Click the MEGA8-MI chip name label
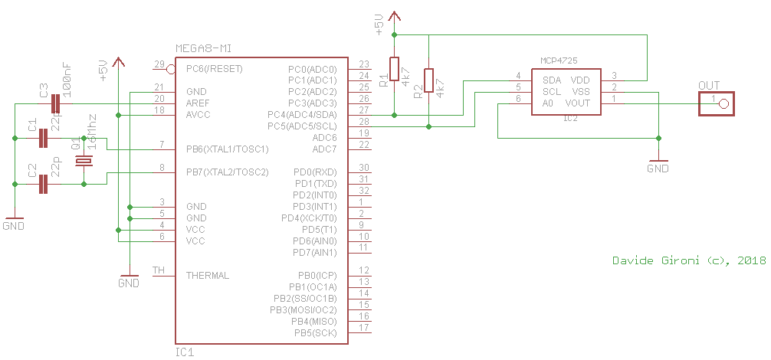(203, 48)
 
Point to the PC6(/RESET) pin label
(215, 68)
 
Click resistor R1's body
(394, 69)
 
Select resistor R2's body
(428, 80)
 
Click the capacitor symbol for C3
(55, 103)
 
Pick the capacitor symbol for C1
(44, 138)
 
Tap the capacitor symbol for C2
(44, 184)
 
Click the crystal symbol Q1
(84, 161)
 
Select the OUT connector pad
(715, 103)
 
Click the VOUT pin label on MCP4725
(577, 103)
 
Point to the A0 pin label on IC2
(547, 103)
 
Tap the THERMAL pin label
(208, 275)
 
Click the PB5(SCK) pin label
(315, 332)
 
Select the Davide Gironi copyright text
(689, 261)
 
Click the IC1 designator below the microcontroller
(185, 352)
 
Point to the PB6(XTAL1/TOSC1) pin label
(227, 149)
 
